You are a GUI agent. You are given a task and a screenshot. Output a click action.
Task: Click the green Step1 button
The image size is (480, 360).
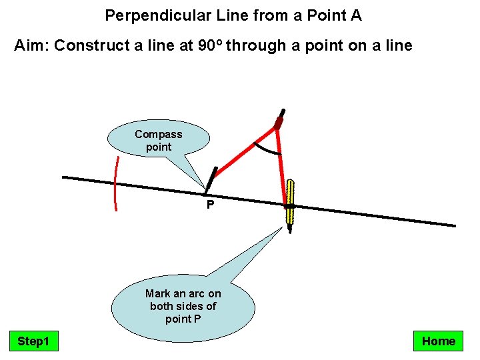tap(33, 341)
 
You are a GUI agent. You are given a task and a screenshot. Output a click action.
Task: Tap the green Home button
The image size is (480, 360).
tap(438, 341)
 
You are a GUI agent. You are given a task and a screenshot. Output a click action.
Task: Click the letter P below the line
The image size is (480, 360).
tap(210, 205)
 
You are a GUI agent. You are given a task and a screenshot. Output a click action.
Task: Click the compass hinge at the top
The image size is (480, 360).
tap(279, 123)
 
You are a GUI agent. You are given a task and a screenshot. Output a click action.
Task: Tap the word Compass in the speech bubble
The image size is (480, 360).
tap(158, 134)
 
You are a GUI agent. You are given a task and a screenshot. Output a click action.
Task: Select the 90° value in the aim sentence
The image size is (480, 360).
tap(213, 45)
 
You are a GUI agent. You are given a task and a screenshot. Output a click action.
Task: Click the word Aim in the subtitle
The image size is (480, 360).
tap(31, 45)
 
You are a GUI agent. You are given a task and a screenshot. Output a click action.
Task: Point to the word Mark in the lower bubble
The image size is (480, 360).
tap(157, 293)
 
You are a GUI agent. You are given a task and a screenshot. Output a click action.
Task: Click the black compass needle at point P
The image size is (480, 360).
tap(209, 179)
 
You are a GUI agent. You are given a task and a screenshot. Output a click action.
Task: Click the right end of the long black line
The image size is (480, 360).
tap(453, 225)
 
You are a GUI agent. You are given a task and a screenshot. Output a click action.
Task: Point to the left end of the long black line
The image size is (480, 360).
tap(64, 177)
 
